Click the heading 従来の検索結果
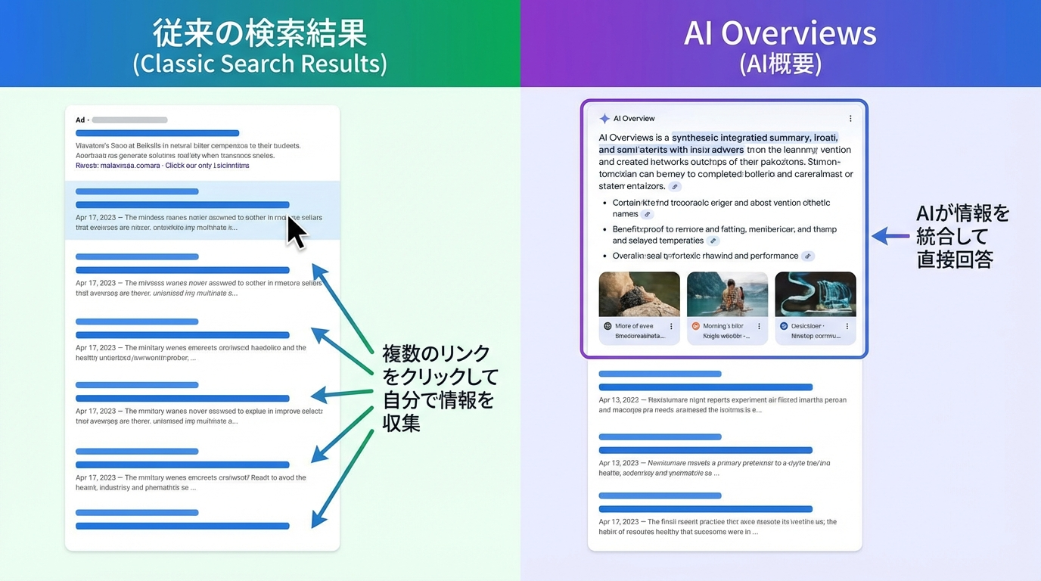tap(259, 33)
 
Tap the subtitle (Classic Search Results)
tap(259, 64)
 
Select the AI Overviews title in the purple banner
tap(780, 33)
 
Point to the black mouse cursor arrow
tap(296, 231)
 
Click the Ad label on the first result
tap(80, 120)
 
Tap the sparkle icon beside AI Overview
tap(604, 119)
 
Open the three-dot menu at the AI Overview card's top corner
tap(850, 119)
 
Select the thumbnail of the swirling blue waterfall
tap(816, 294)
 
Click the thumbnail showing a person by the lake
tap(727, 294)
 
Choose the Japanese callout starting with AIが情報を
tap(962, 236)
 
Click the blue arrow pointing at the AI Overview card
tap(890, 237)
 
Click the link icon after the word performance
tap(808, 256)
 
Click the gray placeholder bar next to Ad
tap(129, 120)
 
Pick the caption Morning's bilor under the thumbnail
tap(723, 326)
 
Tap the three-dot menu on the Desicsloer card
tap(847, 327)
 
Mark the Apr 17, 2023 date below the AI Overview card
tap(618, 522)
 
